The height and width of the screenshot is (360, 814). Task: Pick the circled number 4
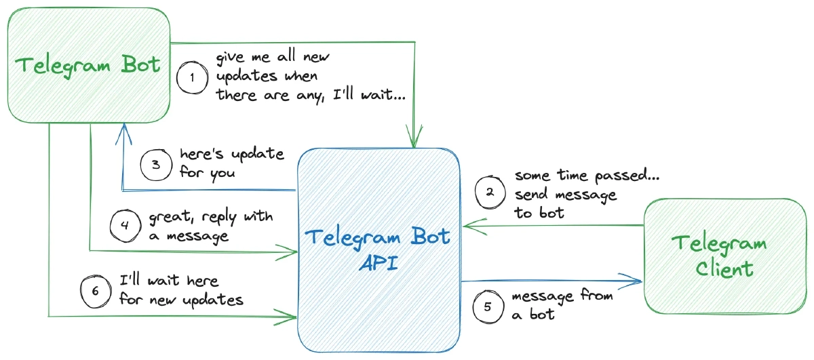click(125, 226)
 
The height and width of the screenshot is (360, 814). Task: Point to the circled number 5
click(488, 305)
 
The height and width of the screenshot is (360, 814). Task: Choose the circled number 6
click(95, 289)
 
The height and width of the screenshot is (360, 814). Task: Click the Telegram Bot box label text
click(88, 65)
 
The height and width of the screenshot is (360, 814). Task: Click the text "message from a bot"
click(562, 304)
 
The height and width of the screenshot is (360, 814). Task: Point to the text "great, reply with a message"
click(210, 226)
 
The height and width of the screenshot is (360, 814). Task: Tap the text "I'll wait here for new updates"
click(180, 289)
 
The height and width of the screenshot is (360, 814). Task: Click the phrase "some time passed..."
click(587, 176)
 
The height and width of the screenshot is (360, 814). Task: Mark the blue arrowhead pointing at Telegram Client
click(634, 280)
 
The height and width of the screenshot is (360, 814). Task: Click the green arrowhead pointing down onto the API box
click(414, 139)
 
